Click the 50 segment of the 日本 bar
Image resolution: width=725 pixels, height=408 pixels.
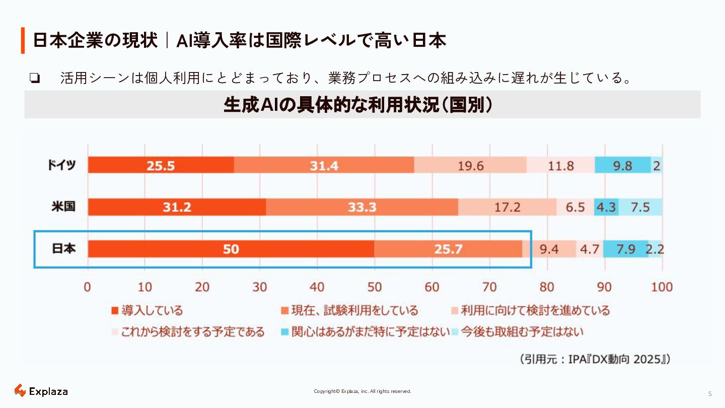click(x=231, y=249)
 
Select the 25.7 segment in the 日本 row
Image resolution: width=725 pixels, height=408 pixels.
click(x=448, y=249)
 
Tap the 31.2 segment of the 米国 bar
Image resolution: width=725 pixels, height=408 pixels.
click(x=177, y=207)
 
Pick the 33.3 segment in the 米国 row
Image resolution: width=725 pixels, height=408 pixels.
click(x=362, y=207)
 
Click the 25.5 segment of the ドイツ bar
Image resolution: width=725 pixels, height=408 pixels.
click(x=161, y=165)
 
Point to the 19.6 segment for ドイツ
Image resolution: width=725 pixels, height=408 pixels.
click(x=470, y=165)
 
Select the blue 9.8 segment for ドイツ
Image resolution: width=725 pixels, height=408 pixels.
click(x=622, y=165)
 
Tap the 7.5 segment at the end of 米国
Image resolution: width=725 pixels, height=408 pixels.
click(x=640, y=207)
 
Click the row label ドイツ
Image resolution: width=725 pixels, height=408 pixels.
click(x=61, y=165)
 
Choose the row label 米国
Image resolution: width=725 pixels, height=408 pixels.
click(x=63, y=207)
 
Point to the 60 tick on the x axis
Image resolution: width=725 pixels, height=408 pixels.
click(x=432, y=287)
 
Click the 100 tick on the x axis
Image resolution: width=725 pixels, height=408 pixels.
click(x=662, y=287)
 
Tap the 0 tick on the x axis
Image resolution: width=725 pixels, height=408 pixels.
click(x=88, y=287)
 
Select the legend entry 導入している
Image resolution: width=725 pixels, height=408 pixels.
click(x=147, y=310)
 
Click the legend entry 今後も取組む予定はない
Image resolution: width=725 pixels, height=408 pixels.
click(x=518, y=332)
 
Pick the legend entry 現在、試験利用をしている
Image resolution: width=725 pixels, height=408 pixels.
click(x=349, y=310)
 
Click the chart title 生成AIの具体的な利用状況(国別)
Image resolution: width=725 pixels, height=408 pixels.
click(x=358, y=105)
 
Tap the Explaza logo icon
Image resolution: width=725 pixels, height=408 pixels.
click(x=20, y=390)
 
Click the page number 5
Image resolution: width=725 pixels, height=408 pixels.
click(x=710, y=394)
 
